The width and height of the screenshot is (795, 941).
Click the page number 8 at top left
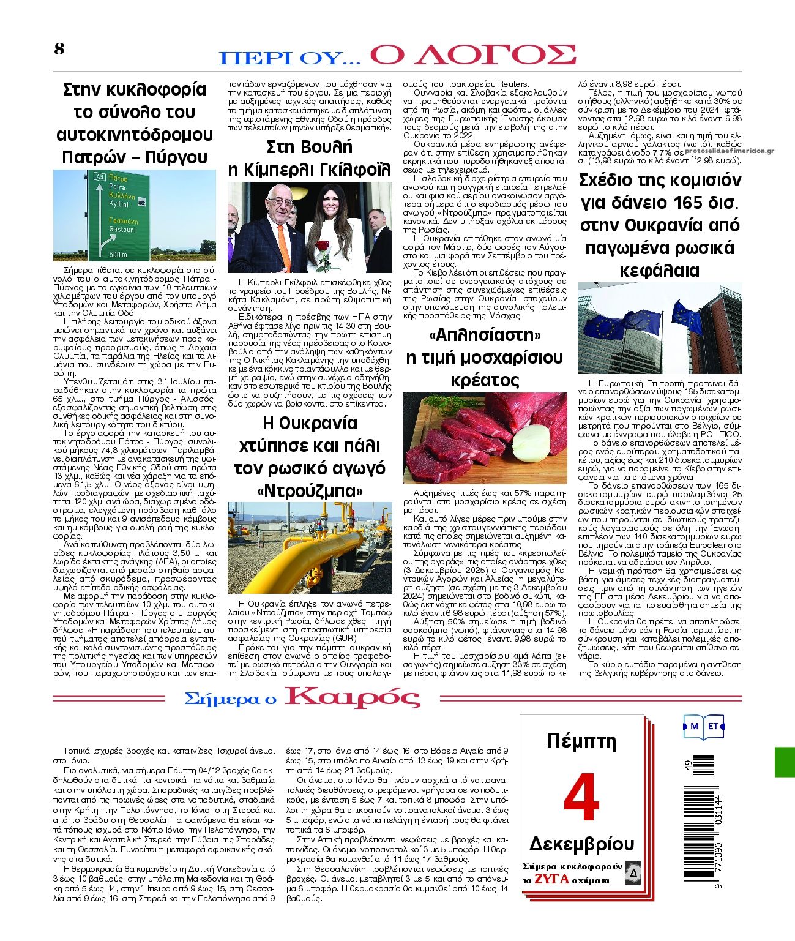click(x=59, y=50)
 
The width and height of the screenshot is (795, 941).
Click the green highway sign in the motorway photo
click(x=119, y=214)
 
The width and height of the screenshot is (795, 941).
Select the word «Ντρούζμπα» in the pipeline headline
click(x=309, y=491)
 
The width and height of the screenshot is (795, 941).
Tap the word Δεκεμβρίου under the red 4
click(x=581, y=844)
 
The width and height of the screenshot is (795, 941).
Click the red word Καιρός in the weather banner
click(x=353, y=698)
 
